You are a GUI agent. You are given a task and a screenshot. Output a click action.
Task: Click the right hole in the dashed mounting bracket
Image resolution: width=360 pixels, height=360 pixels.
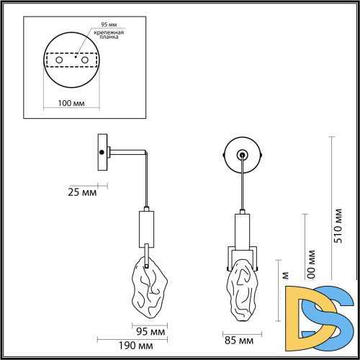[85, 60]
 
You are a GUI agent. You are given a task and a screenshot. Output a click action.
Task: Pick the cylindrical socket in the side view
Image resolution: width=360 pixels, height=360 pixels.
[145, 227]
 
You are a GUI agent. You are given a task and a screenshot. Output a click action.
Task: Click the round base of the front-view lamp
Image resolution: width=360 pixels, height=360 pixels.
[242, 153]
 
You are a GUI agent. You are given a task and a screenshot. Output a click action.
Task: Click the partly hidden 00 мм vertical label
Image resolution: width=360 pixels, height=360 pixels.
[311, 263]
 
